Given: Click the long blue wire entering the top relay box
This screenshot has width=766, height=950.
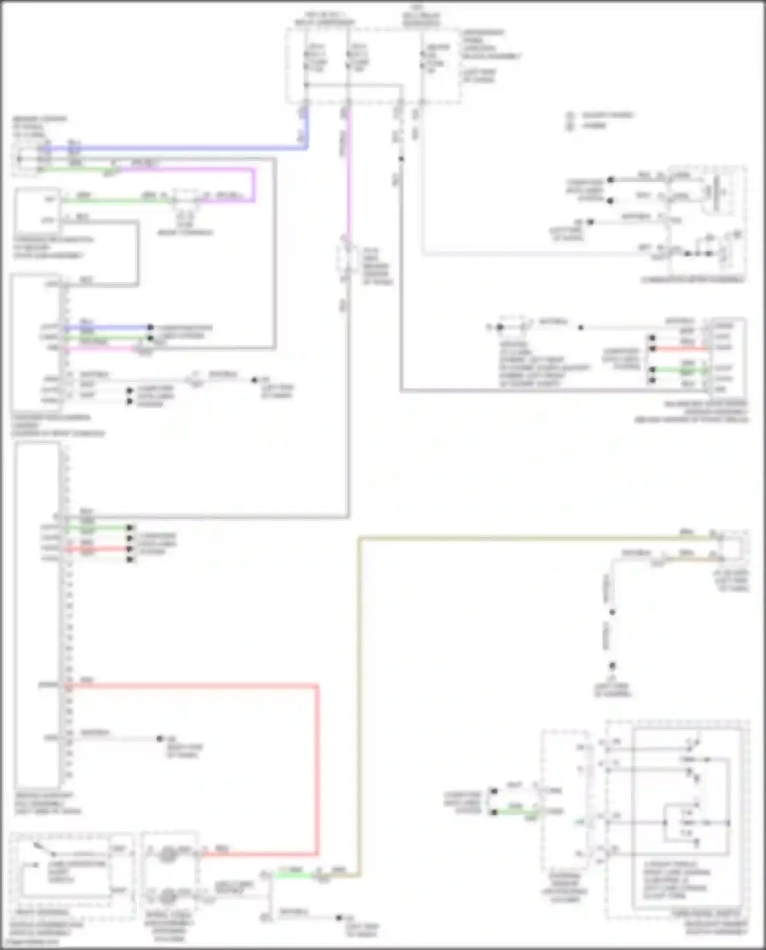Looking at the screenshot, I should click(x=179, y=149).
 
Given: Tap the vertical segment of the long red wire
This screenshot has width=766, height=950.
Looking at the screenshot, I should click(x=317, y=766).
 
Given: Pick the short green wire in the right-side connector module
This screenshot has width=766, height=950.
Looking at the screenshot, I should click(x=682, y=369).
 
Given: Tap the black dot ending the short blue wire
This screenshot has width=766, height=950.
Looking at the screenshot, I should click(x=150, y=327).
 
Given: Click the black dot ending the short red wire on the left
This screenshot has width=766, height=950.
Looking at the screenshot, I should click(x=131, y=549).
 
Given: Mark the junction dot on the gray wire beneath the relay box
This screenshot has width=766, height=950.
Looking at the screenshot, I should click(x=401, y=159).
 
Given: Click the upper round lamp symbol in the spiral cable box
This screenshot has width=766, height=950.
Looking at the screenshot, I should click(x=167, y=854).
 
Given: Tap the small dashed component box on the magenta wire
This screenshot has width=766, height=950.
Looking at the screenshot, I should click(x=346, y=261).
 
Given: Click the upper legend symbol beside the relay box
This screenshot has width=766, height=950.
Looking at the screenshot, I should click(x=570, y=116).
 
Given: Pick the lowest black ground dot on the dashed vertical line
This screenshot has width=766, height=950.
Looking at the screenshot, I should click(x=612, y=666).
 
